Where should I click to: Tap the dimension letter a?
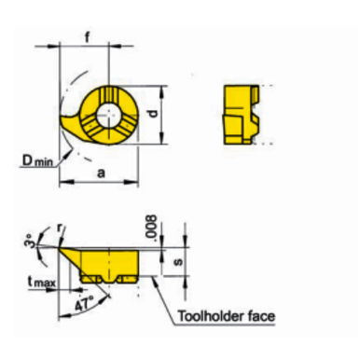click(x=99, y=172)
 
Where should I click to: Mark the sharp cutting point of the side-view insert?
click(x=61, y=249)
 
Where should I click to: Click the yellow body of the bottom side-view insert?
click(x=110, y=261)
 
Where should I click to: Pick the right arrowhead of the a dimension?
click(x=138, y=181)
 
